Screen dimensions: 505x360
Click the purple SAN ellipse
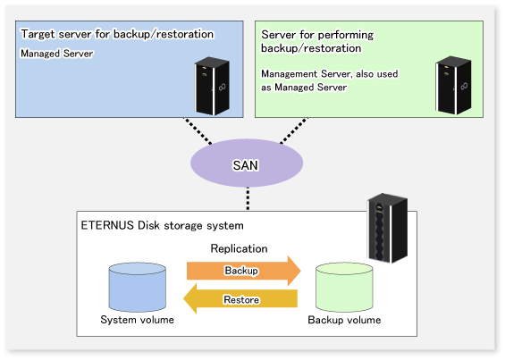coord(247,163)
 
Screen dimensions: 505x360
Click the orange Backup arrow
coord(243,271)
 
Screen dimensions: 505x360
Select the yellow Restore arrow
coord(240,298)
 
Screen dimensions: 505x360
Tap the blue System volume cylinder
coord(138,287)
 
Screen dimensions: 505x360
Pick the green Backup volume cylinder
coord(344,287)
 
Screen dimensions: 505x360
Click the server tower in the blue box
coord(212,86)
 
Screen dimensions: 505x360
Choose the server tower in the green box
coord(453,85)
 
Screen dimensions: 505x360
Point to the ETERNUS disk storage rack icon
coord(388,228)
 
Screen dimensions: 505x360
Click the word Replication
coord(239,248)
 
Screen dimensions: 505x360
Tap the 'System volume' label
coord(138,320)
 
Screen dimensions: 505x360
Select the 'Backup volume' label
coord(344,320)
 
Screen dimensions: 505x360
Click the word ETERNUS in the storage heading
coord(107,225)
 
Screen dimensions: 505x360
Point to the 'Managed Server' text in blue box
coord(57,54)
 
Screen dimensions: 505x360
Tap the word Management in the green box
coord(290,74)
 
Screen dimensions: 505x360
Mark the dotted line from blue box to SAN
coord(198,130)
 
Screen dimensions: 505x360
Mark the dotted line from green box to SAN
coord(294,130)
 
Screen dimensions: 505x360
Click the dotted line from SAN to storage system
coord(248,198)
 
